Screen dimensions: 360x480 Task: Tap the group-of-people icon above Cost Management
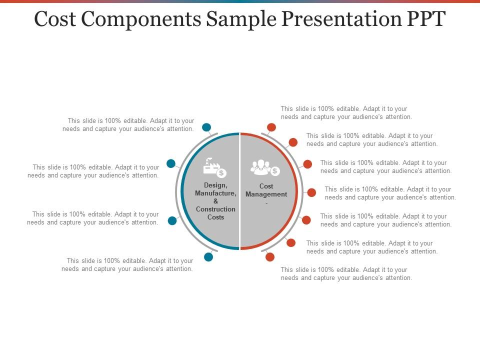[260, 166]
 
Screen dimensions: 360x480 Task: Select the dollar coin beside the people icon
[275, 171]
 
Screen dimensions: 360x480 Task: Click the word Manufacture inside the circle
[215, 193]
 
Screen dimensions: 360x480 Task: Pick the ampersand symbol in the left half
[215, 201]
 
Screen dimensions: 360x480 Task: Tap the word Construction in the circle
[215, 209]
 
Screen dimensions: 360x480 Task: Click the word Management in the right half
[266, 194]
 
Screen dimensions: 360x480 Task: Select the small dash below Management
[266, 202]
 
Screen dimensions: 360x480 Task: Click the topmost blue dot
[206, 127]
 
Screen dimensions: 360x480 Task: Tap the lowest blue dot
[208, 257]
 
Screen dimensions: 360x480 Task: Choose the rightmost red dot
[311, 192]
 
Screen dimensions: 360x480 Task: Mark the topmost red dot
[271, 127]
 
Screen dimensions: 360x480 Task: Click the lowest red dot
[270, 257]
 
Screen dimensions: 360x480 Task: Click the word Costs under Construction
[215, 217]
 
